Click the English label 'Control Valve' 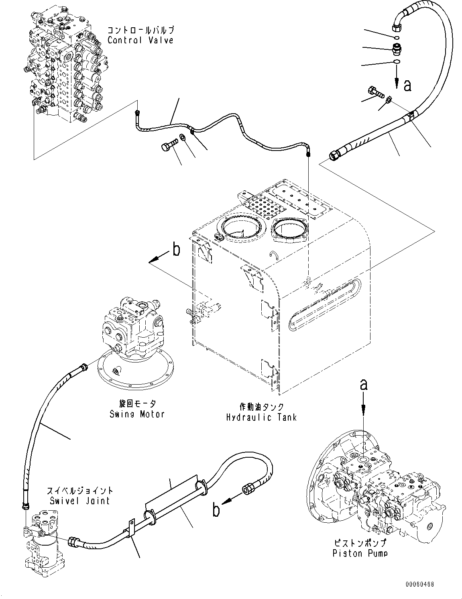140,40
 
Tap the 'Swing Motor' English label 137,414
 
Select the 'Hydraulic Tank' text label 261,417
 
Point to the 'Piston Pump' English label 360,554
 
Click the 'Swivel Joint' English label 80,501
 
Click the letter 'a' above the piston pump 364,385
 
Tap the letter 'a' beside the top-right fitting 407,85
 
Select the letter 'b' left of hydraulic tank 176,250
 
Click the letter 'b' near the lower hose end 216,510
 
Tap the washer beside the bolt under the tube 183,138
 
